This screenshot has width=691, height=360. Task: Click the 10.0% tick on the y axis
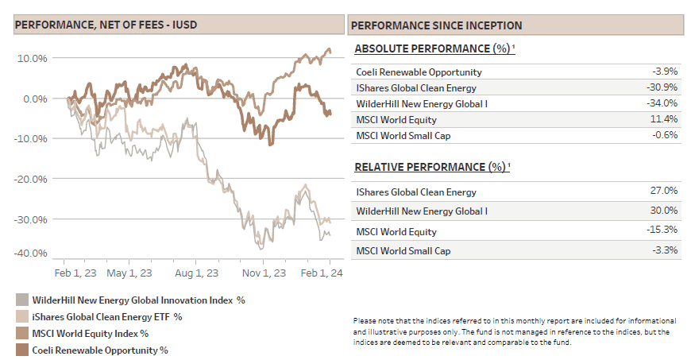pyautogui.click(x=33, y=58)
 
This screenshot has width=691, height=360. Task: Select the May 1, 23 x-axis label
pyautogui.click(x=129, y=273)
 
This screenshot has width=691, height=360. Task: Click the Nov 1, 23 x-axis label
pyautogui.click(x=264, y=273)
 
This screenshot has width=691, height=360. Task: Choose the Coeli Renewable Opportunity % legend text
pyautogui.click(x=99, y=350)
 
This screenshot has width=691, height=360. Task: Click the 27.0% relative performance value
pyautogui.click(x=664, y=192)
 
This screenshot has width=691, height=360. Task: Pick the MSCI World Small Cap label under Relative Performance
pyautogui.click(x=403, y=251)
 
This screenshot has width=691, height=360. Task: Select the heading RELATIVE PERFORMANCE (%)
pyautogui.click(x=429, y=167)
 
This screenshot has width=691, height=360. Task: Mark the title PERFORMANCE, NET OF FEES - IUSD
pyautogui.click(x=106, y=25)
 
